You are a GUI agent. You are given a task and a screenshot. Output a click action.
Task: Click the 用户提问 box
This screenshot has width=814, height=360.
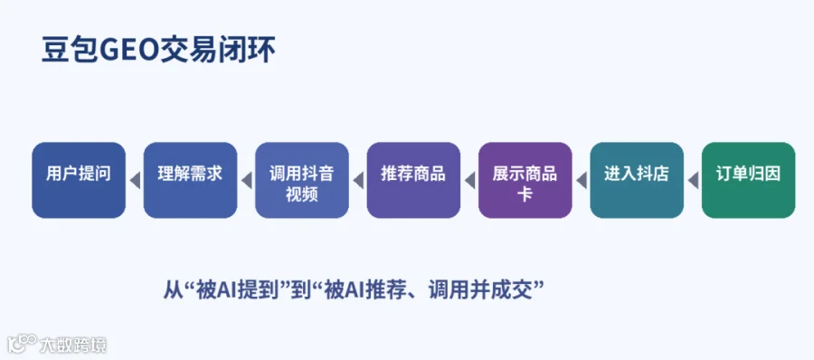click(x=79, y=180)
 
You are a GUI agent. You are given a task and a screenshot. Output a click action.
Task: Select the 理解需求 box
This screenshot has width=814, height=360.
click(x=190, y=180)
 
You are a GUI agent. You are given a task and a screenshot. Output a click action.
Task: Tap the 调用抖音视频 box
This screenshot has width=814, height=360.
click(x=301, y=180)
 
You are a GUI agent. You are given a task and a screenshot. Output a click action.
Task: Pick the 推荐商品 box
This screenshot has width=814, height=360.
click(x=413, y=180)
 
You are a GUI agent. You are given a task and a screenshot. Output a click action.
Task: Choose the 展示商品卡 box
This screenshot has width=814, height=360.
click(x=525, y=180)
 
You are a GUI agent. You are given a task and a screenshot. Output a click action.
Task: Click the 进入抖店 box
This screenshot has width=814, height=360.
click(x=637, y=180)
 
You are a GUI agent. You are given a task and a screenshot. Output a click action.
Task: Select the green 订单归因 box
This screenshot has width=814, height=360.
click(x=748, y=180)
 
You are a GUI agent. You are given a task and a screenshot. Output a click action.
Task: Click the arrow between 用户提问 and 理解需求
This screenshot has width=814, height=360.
click(x=135, y=181)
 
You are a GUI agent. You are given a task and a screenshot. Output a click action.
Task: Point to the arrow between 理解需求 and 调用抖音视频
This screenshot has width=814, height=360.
click(x=247, y=181)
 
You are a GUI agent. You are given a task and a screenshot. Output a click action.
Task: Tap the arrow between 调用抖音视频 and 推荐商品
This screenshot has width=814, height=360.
click(x=358, y=181)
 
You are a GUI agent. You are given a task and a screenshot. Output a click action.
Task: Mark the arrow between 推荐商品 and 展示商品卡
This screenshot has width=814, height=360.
click(x=469, y=181)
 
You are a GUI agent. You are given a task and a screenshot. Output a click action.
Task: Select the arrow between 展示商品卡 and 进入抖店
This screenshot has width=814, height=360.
click(x=582, y=181)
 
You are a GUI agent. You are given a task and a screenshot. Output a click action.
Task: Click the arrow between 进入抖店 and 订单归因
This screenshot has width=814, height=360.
click(x=693, y=181)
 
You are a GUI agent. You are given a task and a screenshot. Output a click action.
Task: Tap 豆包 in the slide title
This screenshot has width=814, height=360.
click(x=69, y=51)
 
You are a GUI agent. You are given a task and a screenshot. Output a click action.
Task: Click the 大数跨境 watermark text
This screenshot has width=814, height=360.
click(x=73, y=345)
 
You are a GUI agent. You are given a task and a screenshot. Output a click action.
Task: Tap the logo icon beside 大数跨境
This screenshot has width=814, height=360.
click(x=22, y=344)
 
